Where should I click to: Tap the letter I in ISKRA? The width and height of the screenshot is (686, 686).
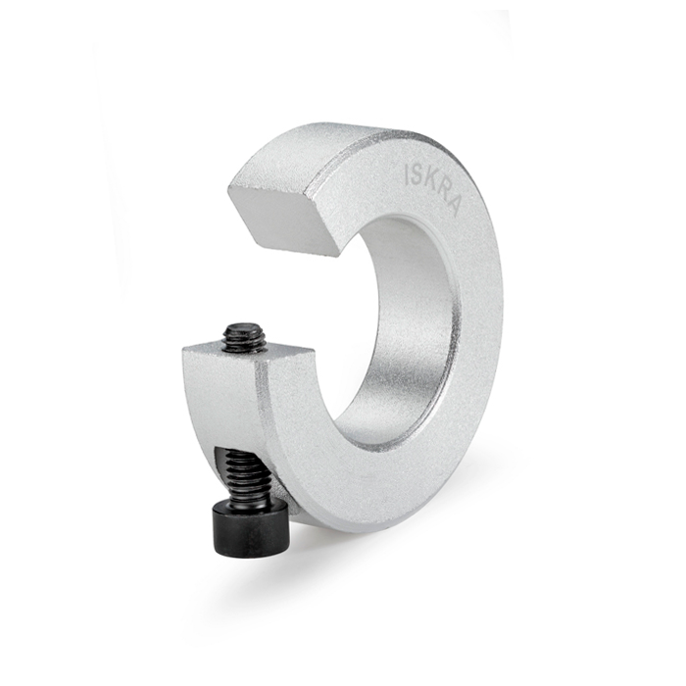click(x=407, y=173)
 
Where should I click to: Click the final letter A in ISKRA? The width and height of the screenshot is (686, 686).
click(x=452, y=206)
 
